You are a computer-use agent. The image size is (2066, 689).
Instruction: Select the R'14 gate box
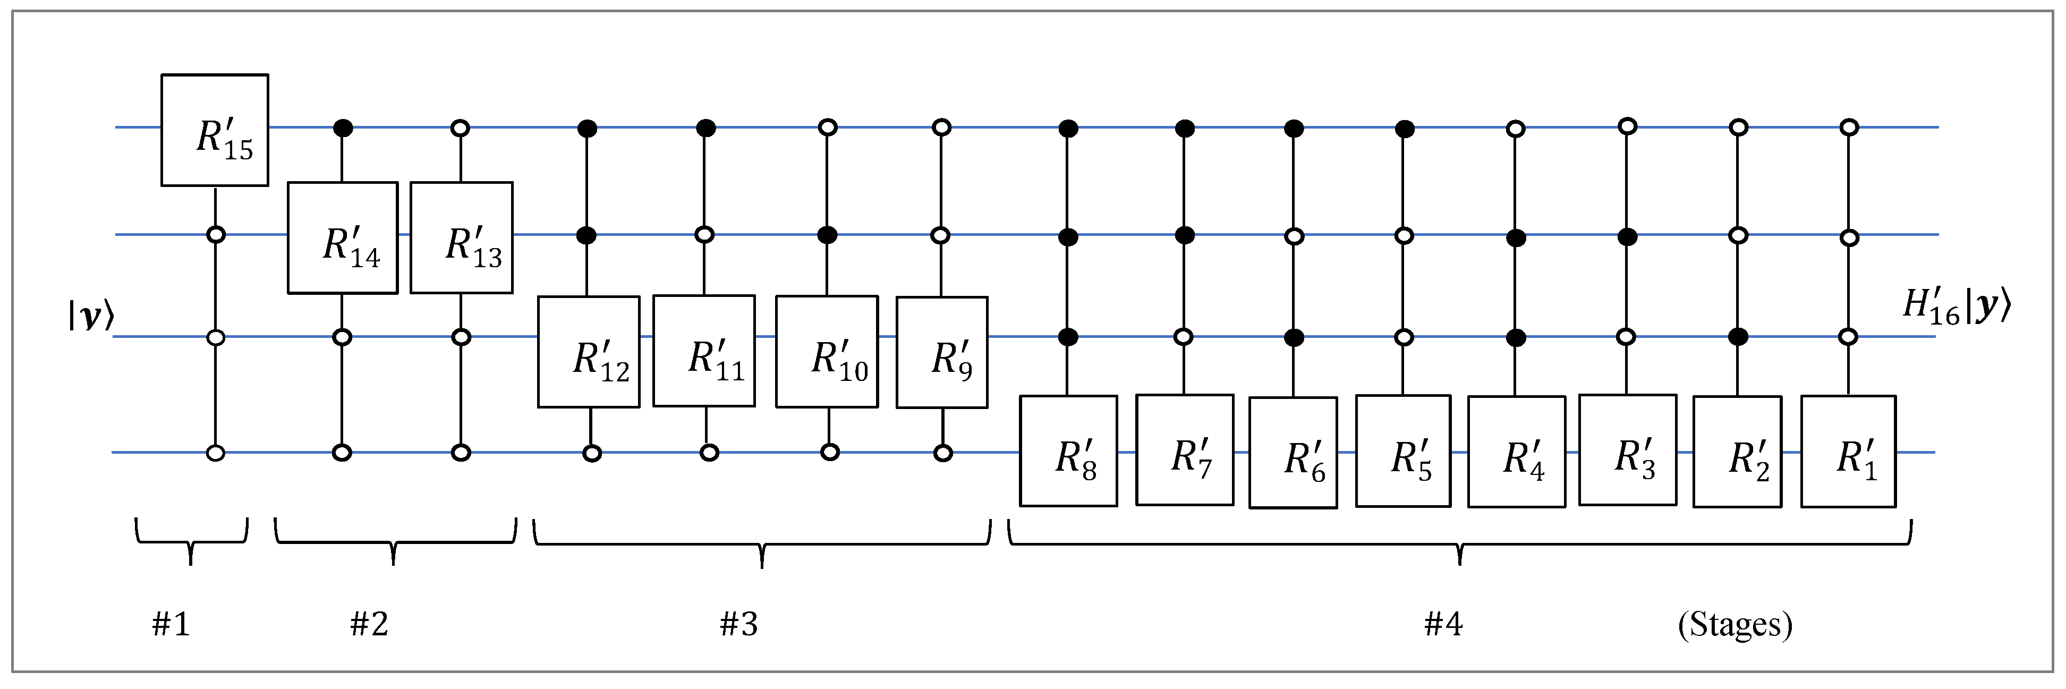343,237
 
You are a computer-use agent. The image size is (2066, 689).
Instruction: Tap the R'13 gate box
461,237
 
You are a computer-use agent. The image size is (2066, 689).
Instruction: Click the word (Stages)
1735,624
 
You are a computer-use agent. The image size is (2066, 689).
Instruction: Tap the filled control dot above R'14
343,127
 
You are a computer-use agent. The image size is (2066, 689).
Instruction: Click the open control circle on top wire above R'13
461,127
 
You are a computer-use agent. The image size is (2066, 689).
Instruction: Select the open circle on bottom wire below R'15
215,453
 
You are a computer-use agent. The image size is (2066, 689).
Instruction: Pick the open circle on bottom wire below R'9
943,453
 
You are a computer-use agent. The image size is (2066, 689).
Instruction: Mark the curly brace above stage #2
394,543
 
